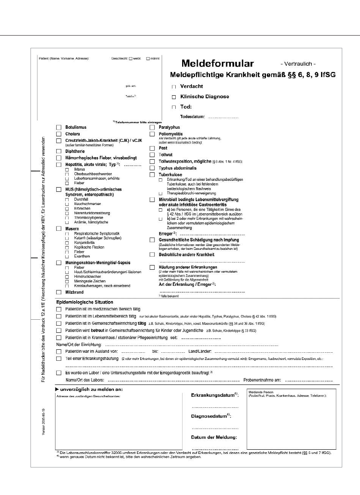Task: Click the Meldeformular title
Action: tap(217, 64)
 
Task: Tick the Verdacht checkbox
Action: tap(174, 86)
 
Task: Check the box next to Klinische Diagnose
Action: tap(174, 97)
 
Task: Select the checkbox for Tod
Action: tap(174, 107)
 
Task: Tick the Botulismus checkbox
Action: tap(58, 127)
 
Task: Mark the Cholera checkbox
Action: tap(58, 134)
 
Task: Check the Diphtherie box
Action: tap(58, 151)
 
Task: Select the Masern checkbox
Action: tap(58, 228)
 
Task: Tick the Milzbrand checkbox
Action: tap(58, 292)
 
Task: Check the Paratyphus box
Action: tap(152, 127)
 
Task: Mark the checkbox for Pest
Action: tap(152, 149)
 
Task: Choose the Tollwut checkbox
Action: tap(152, 155)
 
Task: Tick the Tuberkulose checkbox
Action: tap(152, 174)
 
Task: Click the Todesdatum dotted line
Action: tap(223, 116)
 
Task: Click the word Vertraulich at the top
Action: tap(298, 64)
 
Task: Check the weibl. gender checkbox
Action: tap(130, 58)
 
